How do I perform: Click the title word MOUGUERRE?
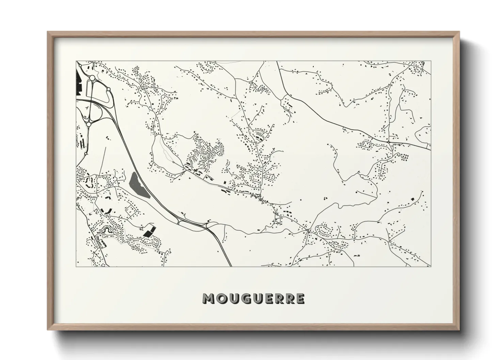pyautogui.click(x=253, y=298)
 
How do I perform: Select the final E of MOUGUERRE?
pyautogui.click(x=300, y=298)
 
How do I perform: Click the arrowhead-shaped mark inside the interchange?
pyautogui.click(x=87, y=108)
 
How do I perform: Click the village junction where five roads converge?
pyautogui.click(x=308, y=230)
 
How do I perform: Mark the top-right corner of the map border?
pyautogui.click(x=431, y=61)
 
